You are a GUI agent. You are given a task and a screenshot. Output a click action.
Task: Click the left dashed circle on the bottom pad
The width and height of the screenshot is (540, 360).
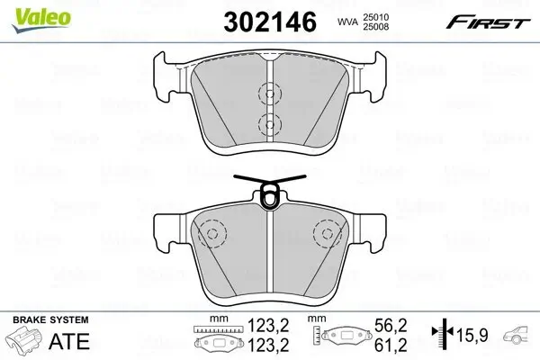(x=212, y=235)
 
